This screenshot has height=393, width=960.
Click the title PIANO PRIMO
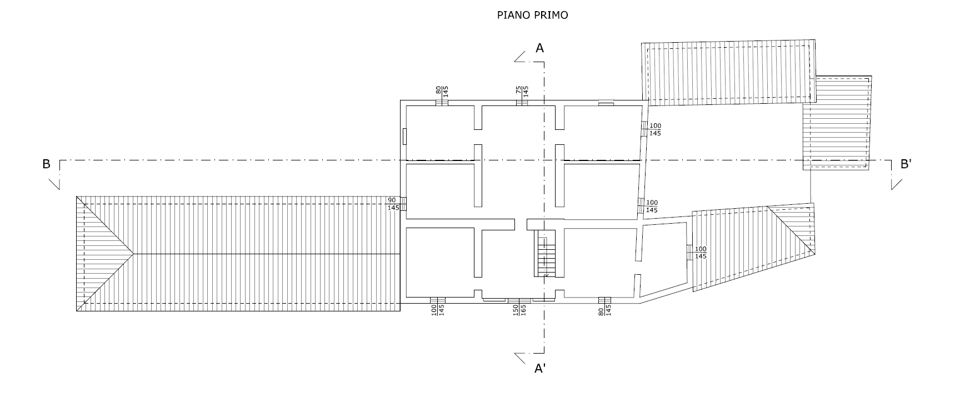click(x=532, y=16)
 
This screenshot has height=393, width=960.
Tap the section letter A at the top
click(x=539, y=48)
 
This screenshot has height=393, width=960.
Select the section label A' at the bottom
click(x=539, y=368)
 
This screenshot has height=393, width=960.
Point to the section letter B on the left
click(x=46, y=164)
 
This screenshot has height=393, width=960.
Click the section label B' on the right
click(x=906, y=164)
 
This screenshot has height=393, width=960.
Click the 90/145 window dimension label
click(x=393, y=204)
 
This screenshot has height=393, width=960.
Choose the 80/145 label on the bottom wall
click(x=604, y=310)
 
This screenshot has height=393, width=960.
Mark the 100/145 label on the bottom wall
click(x=438, y=310)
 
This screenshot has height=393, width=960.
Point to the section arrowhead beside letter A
click(x=521, y=56)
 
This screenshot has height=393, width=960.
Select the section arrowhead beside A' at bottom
click(x=521, y=358)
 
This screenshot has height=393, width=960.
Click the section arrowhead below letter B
click(x=54, y=184)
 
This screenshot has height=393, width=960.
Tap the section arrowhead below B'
click(x=897, y=184)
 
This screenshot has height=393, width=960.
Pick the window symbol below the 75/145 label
click(x=522, y=102)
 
